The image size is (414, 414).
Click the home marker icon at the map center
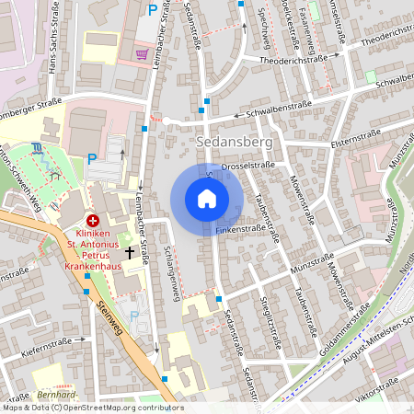pos(207,199)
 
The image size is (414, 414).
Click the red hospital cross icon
pos(93,221)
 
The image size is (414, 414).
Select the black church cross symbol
pos(130,251)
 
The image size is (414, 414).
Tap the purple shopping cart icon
pos(141,54)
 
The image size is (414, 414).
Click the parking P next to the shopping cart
pos(152,10)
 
